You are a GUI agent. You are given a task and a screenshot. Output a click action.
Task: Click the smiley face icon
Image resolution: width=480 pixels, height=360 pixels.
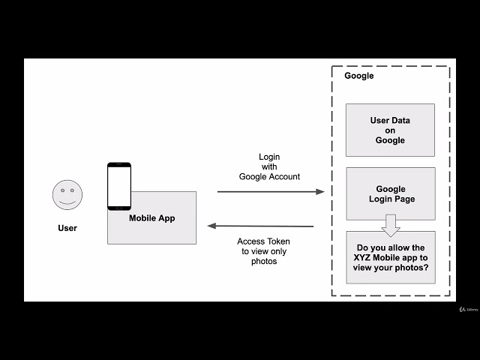(67, 195)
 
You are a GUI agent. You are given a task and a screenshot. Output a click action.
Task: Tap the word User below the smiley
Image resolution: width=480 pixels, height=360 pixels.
(67, 228)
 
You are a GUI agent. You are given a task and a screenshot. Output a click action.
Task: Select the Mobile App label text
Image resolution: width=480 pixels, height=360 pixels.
(151, 218)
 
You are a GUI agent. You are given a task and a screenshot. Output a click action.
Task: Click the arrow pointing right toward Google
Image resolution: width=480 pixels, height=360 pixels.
(270, 192)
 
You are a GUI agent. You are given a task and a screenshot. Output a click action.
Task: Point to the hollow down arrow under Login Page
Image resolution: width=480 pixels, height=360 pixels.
(390, 225)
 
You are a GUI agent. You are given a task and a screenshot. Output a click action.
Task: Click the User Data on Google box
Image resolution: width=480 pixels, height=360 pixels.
(390, 130)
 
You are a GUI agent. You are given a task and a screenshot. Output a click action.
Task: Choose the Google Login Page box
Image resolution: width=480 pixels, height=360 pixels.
(390, 193)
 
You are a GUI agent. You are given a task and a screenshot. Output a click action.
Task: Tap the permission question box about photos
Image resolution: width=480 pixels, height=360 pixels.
(390, 257)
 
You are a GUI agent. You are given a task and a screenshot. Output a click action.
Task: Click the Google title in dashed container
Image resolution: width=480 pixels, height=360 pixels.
(358, 76)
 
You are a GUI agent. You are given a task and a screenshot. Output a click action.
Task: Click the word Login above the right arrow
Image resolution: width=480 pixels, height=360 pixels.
(269, 157)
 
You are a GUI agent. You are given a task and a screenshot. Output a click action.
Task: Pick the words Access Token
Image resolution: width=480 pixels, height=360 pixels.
(263, 241)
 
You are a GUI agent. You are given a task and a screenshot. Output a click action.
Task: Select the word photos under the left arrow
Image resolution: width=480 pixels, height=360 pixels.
(263, 261)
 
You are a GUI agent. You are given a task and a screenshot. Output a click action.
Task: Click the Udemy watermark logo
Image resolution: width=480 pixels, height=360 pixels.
(469, 308)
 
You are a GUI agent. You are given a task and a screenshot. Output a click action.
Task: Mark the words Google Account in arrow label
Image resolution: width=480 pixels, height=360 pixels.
(269, 176)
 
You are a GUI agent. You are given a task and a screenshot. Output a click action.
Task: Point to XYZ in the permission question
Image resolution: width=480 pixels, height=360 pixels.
(367, 257)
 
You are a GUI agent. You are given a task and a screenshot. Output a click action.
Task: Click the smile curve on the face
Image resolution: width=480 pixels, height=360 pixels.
(67, 202)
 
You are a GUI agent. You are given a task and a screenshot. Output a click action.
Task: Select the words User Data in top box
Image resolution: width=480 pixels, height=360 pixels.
(390, 120)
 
